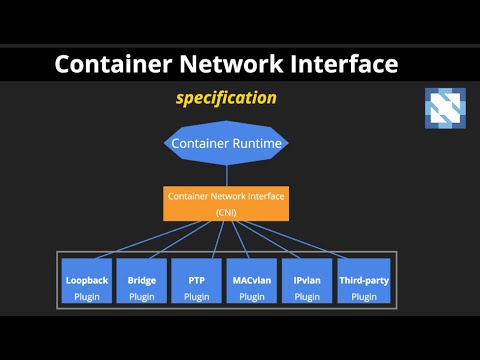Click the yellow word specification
pos(226,98)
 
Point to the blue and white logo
pos(445,108)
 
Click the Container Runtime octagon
pos(227,144)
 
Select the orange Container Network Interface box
pos(226,203)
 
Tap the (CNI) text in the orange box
pos(226,213)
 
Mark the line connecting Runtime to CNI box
pos(226,175)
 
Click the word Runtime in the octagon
pos(257,144)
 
